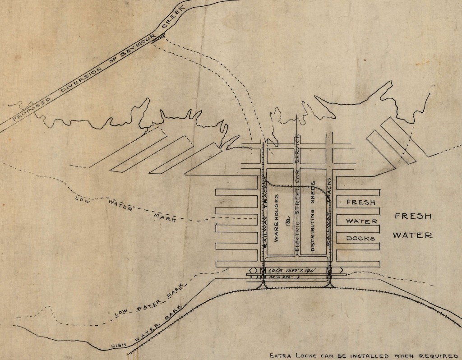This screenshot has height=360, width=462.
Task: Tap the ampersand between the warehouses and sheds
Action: tap(287, 220)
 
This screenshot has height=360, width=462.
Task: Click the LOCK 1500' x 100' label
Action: tap(296, 269)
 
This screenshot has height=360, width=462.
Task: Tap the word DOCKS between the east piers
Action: tap(360, 238)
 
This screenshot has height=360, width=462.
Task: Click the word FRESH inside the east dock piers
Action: tap(360, 202)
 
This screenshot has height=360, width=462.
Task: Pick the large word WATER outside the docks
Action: tap(412, 235)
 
